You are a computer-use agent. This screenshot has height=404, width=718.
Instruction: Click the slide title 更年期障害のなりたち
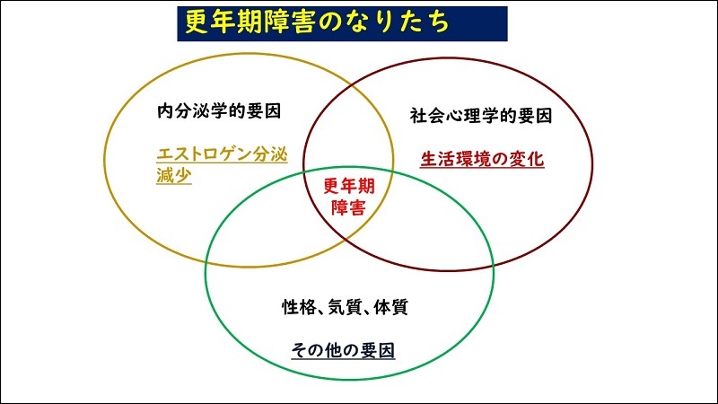[x=317, y=22]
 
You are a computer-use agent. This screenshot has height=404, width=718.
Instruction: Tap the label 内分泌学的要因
[x=219, y=110]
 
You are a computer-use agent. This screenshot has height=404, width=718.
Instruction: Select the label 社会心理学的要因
[x=481, y=116]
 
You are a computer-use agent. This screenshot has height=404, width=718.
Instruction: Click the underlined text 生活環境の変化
[x=482, y=159]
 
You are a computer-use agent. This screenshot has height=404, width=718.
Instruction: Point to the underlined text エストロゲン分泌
[x=222, y=154]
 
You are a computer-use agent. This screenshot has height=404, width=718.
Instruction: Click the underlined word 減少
[x=173, y=175]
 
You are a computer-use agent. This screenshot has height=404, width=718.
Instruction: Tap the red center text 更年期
[x=349, y=186]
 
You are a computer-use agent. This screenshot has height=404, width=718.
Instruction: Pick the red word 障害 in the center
[x=348, y=207]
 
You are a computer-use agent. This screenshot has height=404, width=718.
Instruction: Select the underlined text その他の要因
[x=343, y=350]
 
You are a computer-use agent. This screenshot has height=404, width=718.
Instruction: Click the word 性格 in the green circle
[x=299, y=307]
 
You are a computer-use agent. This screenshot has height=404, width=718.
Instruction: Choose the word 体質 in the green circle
[x=390, y=307]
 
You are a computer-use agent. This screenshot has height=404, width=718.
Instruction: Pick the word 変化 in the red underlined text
[x=527, y=159]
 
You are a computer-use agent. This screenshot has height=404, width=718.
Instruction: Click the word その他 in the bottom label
[x=318, y=350]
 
